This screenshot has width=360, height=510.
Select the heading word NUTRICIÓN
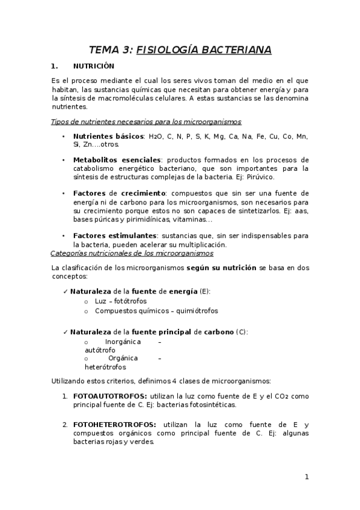pyautogui.click(x=93, y=66)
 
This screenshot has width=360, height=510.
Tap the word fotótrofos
pyautogui.click(x=130, y=301)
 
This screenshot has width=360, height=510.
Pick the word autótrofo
pyautogui.click(x=100, y=349)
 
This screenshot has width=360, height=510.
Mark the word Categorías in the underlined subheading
pyautogui.click(x=70, y=254)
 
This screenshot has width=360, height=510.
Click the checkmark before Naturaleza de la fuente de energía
pyautogui.click(x=66, y=291)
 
